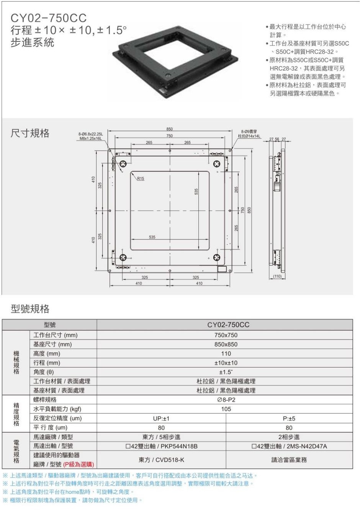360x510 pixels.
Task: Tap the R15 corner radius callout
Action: [141, 179]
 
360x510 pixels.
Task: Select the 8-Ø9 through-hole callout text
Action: [249, 134]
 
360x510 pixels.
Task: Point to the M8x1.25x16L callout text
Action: [90, 138]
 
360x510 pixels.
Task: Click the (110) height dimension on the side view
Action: [277, 276]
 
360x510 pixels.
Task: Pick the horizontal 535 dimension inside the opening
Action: [152, 237]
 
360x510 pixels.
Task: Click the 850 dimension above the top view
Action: [170, 129]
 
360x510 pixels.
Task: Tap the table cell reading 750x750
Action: [226, 335]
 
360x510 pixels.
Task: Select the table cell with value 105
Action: [226, 409]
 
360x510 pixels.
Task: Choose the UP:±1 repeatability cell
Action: [161, 418]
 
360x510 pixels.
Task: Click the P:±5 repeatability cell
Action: [289, 418]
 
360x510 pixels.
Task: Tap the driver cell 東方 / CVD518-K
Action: [161, 460]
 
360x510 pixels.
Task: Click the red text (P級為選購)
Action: [79, 464]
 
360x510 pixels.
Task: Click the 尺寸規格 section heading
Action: [30, 133]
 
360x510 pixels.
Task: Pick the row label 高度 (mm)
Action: [47, 354]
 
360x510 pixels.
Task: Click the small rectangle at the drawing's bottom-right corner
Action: [223, 269]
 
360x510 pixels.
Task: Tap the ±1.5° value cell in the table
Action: [226, 372]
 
